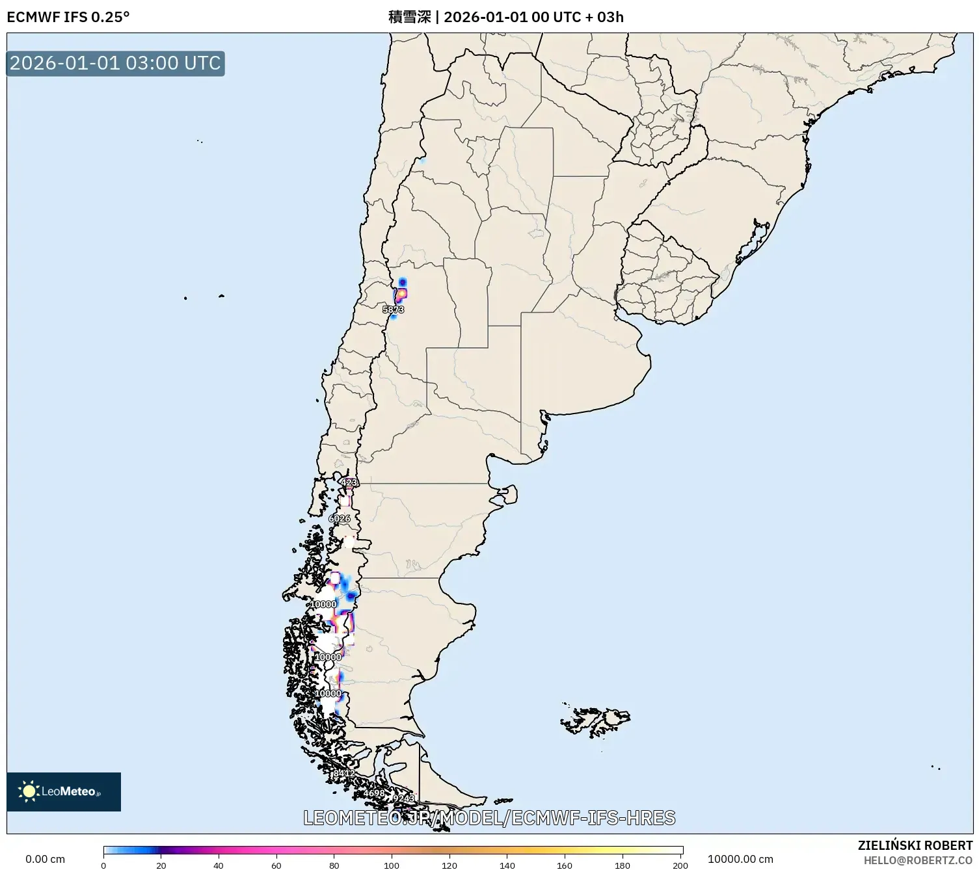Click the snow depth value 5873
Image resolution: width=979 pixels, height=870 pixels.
[393, 310]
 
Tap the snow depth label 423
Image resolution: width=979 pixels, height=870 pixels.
[349, 482]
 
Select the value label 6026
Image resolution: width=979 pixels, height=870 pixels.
[340, 518]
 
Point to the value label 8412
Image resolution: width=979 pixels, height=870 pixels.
[343, 773]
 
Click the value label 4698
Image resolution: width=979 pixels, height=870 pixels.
[374, 793]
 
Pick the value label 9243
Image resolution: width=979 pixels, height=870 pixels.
[403, 798]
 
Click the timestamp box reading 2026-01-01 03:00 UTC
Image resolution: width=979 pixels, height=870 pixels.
[115, 63]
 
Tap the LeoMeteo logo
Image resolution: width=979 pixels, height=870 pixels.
[64, 791]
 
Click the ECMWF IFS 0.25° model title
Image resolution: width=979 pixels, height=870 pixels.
[68, 17]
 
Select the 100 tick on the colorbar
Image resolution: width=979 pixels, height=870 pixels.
[392, 865]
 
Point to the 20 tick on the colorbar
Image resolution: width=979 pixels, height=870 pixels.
[161, 865]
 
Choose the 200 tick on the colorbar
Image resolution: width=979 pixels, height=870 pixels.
[680, 865]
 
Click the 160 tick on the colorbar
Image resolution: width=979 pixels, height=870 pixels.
[565, 865]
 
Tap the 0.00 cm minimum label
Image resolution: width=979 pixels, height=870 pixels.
[45, 859]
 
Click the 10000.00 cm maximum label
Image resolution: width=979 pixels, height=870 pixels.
[740, 859]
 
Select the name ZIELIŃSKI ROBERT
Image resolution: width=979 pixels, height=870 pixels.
[915, 845]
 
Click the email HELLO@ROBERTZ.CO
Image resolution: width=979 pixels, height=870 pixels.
[918, 860]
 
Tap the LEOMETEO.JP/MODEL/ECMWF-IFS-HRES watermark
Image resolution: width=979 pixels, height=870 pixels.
[489, 817]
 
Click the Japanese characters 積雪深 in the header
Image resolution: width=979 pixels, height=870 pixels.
[409, 17]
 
